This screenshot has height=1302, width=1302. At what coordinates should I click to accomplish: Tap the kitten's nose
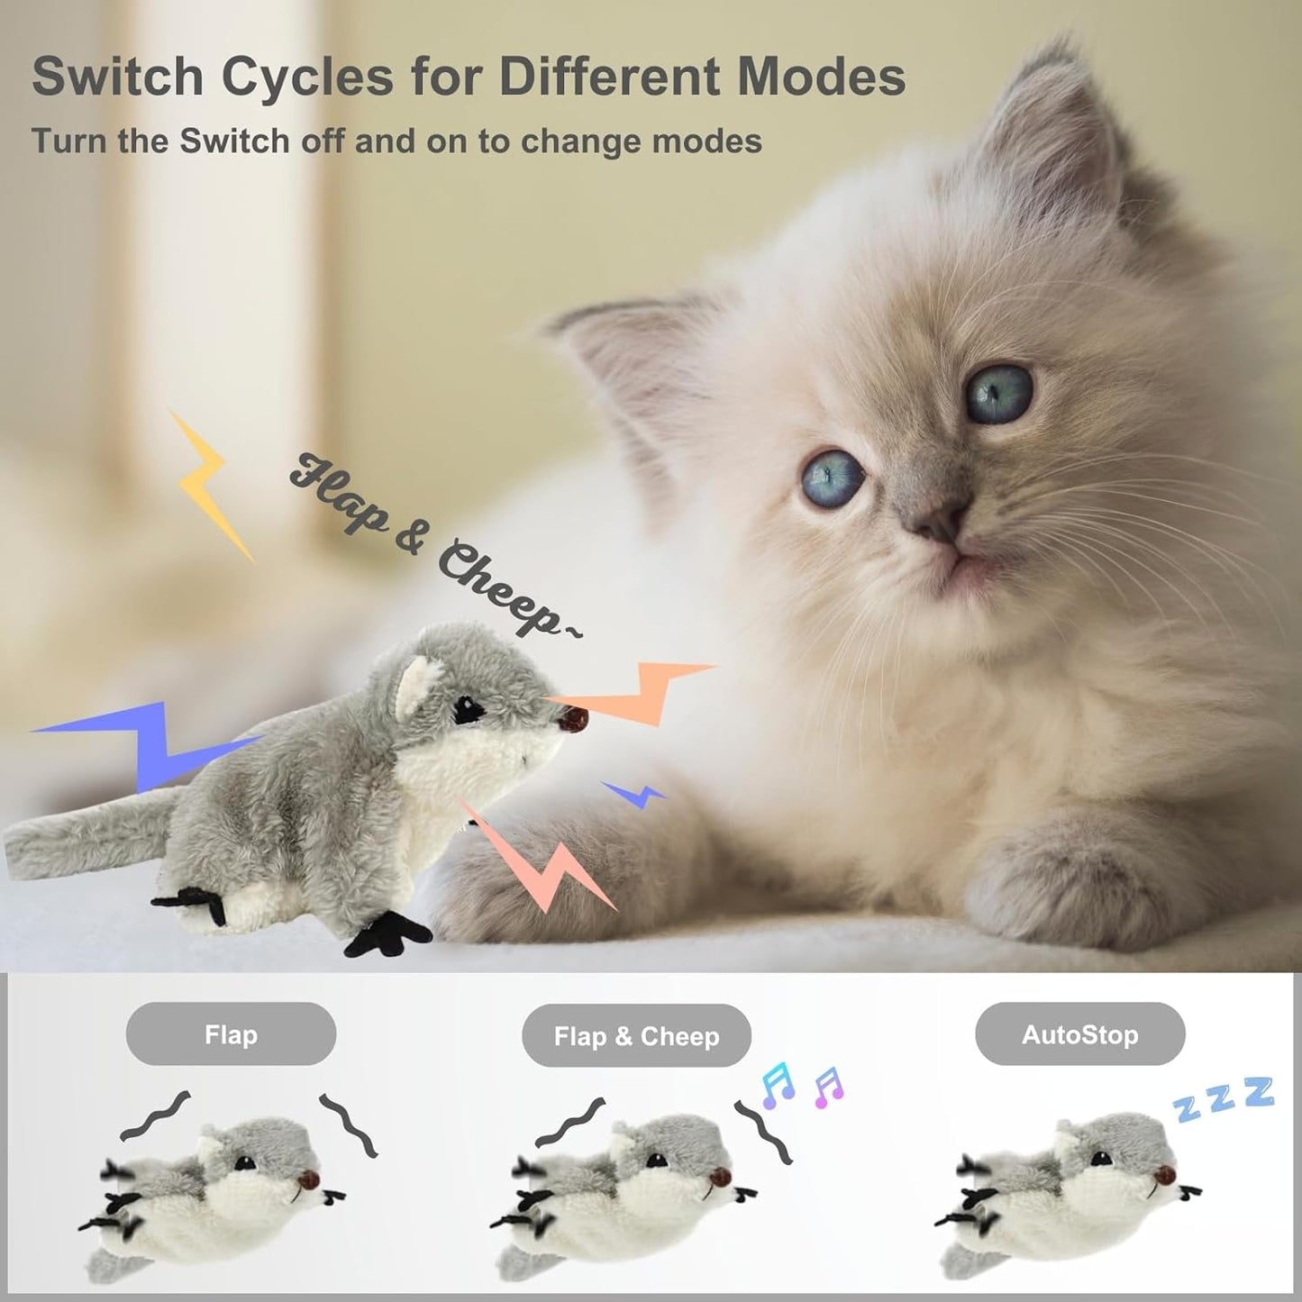(x=940, y=521)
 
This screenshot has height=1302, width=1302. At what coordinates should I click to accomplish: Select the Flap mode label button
(x=231, y=1034)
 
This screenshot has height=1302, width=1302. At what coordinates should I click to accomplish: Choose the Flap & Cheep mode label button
(x=636, y=1036)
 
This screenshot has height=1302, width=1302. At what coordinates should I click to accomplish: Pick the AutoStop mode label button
(x=1079, y=1034)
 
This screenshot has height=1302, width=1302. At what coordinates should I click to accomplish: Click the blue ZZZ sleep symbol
(x=1224, y=1098)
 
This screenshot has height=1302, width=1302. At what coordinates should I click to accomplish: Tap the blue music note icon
(x=778, y=1084)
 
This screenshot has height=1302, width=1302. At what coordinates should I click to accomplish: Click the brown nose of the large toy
(x=574, y=718)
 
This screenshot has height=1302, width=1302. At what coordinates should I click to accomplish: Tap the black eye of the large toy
(x=468, y=710)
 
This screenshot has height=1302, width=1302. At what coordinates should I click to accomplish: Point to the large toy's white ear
(x=414, y=681)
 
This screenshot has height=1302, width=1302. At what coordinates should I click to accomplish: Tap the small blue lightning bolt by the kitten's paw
(x=636, y=794)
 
